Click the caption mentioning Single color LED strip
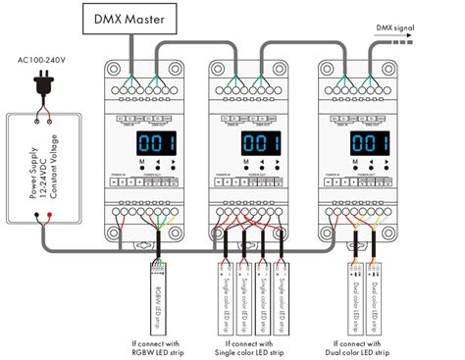[x=248, y=348]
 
